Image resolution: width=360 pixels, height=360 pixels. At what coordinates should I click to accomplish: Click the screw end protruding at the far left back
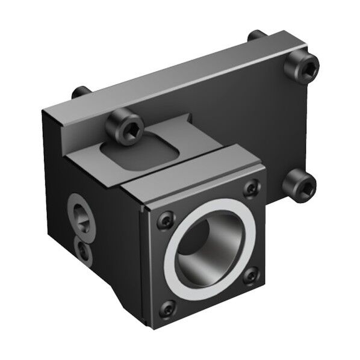79,94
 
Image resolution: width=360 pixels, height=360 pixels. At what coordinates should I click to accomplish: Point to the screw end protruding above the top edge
256,36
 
